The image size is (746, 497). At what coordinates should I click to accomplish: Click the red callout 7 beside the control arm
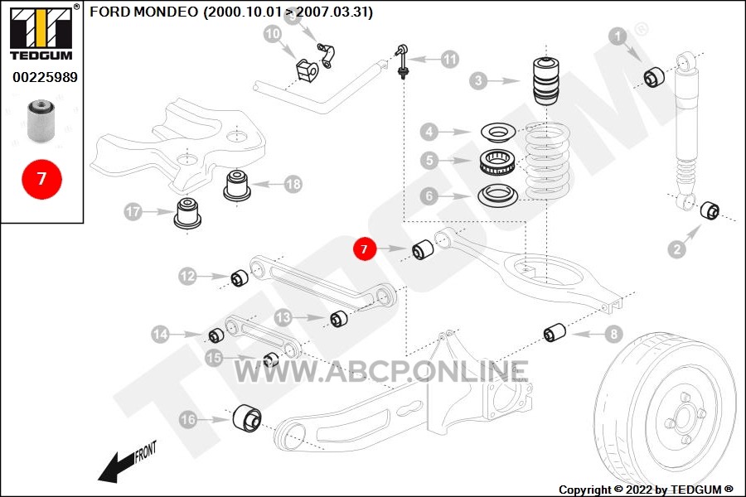[365, 248]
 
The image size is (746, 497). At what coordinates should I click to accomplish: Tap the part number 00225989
[45, 77]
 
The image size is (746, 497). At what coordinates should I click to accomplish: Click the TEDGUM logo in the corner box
[41, 32]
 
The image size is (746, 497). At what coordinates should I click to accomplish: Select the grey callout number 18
[293, 184]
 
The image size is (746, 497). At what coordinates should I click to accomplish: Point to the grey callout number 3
[478, 80]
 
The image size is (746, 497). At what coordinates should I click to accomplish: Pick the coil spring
[546, 161]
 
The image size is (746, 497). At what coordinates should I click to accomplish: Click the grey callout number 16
[188, 419]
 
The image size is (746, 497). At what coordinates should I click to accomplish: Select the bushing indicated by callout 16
[247, 419]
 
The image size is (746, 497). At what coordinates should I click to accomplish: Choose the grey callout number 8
[613, 334]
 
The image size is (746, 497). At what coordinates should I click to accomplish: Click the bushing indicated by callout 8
[555, 332]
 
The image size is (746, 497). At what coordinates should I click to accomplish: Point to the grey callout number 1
[618, 36]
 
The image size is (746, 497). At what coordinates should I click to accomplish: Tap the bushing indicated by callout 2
[710, 210]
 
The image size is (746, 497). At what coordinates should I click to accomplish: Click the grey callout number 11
[449, 60]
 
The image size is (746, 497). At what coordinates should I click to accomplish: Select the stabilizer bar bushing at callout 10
[307, 70]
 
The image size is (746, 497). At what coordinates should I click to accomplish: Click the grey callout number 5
[429, 160]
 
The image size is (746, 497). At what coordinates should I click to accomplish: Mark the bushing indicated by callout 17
[187, 213]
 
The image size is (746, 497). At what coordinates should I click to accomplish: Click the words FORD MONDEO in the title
[143, 12]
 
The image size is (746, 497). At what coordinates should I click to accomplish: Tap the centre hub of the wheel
[684, 417]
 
